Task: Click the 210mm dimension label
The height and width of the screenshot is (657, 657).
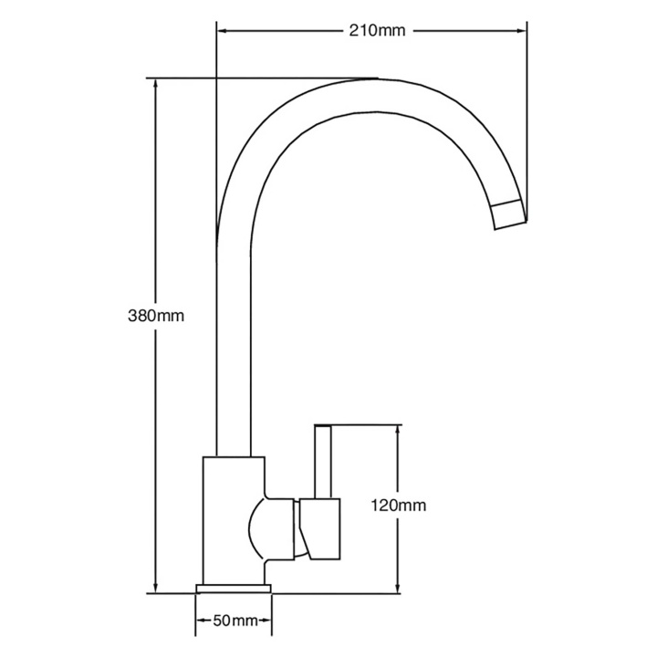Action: click(x=378, y=31)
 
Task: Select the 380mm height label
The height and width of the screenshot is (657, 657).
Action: click(x=156, y=316)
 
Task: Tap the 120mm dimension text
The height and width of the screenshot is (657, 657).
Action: click(x=398, y=506)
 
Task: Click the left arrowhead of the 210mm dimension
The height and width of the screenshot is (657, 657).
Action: click(x=222, y=31)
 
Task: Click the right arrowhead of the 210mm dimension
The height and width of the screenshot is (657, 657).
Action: click(x=521, y=31)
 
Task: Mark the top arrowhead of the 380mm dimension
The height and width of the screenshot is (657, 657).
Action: click(x=156, y=84)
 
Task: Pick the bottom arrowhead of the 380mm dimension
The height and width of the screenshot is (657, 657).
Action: click(x=156, y=588)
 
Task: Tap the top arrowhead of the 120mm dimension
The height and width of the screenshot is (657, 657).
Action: click(x=397, y=431)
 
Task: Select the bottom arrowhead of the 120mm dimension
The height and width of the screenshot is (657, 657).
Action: click(x=397, y=588)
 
